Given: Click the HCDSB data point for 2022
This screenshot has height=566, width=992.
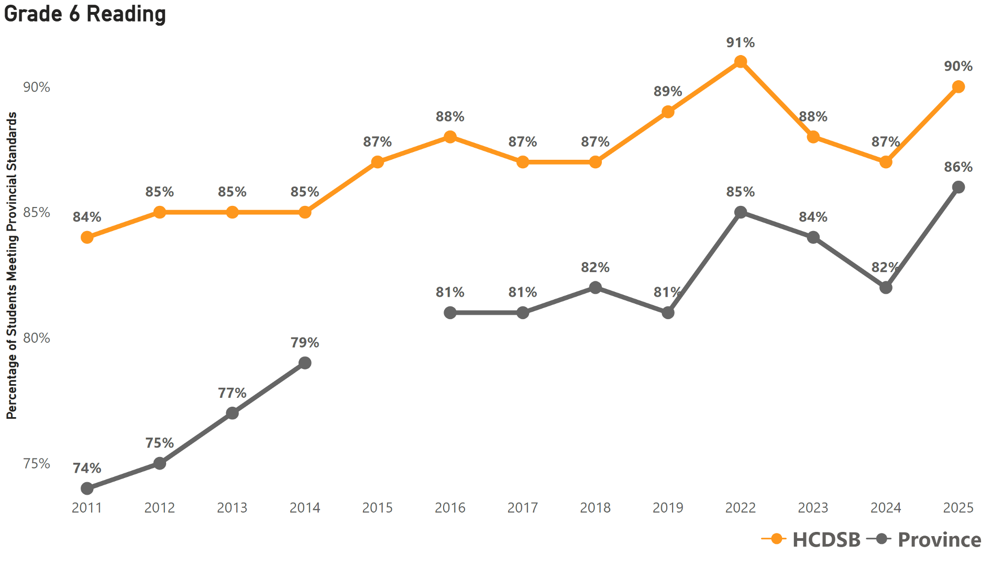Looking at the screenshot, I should point(740,62).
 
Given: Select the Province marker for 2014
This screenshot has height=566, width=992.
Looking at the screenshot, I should point(305,363).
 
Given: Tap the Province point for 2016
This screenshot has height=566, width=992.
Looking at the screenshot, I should point(450,313).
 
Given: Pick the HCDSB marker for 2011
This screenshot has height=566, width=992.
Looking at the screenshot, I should point(87,237).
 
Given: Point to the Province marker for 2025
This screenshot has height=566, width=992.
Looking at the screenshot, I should point(958,187).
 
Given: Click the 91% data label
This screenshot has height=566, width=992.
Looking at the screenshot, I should point(740,42).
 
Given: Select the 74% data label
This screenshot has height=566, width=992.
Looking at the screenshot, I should point(87,468).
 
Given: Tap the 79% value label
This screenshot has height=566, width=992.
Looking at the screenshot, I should point(305,343).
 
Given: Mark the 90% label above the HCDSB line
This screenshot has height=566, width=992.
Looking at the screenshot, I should point(958,66).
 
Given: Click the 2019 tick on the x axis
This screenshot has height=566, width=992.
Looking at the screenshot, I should point(668,507).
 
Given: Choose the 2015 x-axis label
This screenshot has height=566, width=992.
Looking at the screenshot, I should point(377,507).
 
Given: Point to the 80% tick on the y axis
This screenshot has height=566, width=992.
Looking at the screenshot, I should point(37,338).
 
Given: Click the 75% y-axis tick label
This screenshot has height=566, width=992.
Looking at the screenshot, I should point(37,464).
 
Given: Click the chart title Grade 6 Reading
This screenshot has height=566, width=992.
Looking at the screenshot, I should point(85,14).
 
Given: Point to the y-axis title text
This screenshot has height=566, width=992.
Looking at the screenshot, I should point(12,266).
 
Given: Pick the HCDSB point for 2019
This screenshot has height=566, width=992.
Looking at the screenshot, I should point(668,112).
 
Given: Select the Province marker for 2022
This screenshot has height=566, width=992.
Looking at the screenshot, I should point(740,212).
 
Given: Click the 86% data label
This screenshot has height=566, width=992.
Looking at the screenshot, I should point(958,167).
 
